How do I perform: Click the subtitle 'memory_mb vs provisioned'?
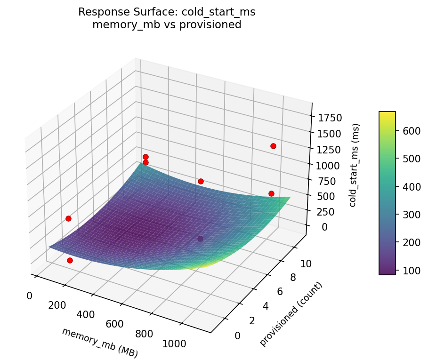click(x=167, y=25)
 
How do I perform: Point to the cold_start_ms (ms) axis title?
click(x=356, y=165)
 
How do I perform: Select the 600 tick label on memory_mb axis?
click(x=114, y=324)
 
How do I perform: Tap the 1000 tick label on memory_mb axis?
click(x=174, y=344)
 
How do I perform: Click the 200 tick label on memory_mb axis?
click(x=57, y=305)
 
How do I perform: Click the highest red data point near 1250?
click(x=273, y=146)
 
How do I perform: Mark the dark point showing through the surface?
click(x=201, y=239)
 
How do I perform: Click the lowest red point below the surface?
click(x=70, y=260)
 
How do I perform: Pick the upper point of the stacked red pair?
click(x=145, y=157)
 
